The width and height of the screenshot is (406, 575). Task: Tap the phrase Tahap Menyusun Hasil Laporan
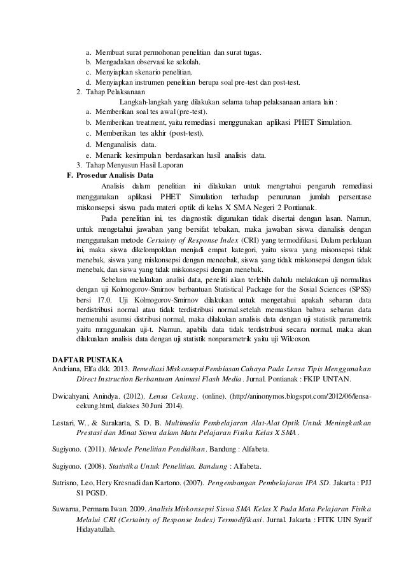pos(134,166)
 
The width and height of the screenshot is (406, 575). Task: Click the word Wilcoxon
pos(292,340)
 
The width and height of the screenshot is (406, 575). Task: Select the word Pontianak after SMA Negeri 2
pos(292,207)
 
